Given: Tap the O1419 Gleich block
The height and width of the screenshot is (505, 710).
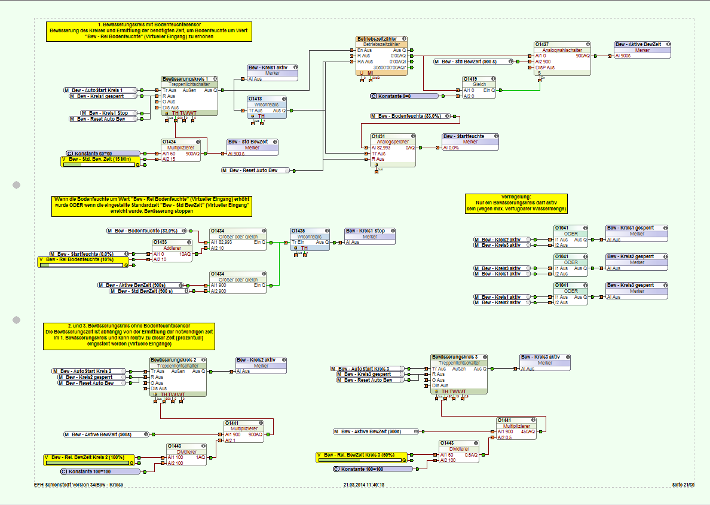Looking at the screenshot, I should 479,87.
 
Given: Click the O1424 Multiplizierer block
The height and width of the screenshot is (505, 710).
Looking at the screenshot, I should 183,150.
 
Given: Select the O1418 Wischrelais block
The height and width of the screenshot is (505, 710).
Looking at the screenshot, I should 267,107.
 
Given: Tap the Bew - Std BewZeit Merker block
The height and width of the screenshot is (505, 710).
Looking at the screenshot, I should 252,145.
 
